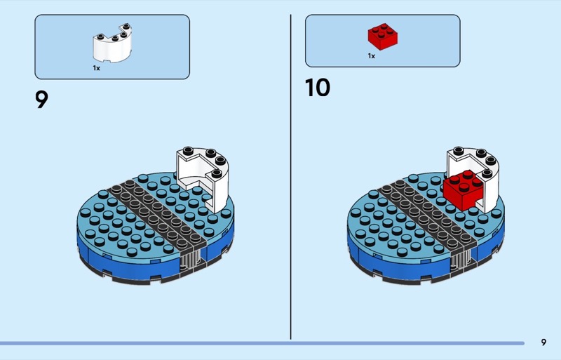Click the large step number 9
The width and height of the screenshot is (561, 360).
(x=41, y=99)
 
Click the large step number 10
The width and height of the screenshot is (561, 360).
(x=318, y=88)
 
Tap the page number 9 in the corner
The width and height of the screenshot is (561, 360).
(x=543, y=342)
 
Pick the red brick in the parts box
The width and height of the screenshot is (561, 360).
(x=382, y=36)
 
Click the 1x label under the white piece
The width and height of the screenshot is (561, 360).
(x=97, y=68)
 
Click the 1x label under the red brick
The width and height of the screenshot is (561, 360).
(x=372, y=56)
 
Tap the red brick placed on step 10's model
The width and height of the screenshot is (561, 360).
(x=463, y=191)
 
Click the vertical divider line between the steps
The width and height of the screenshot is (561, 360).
(x=290, y=177)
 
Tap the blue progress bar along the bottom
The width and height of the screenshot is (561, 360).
(x=262, y=344)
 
